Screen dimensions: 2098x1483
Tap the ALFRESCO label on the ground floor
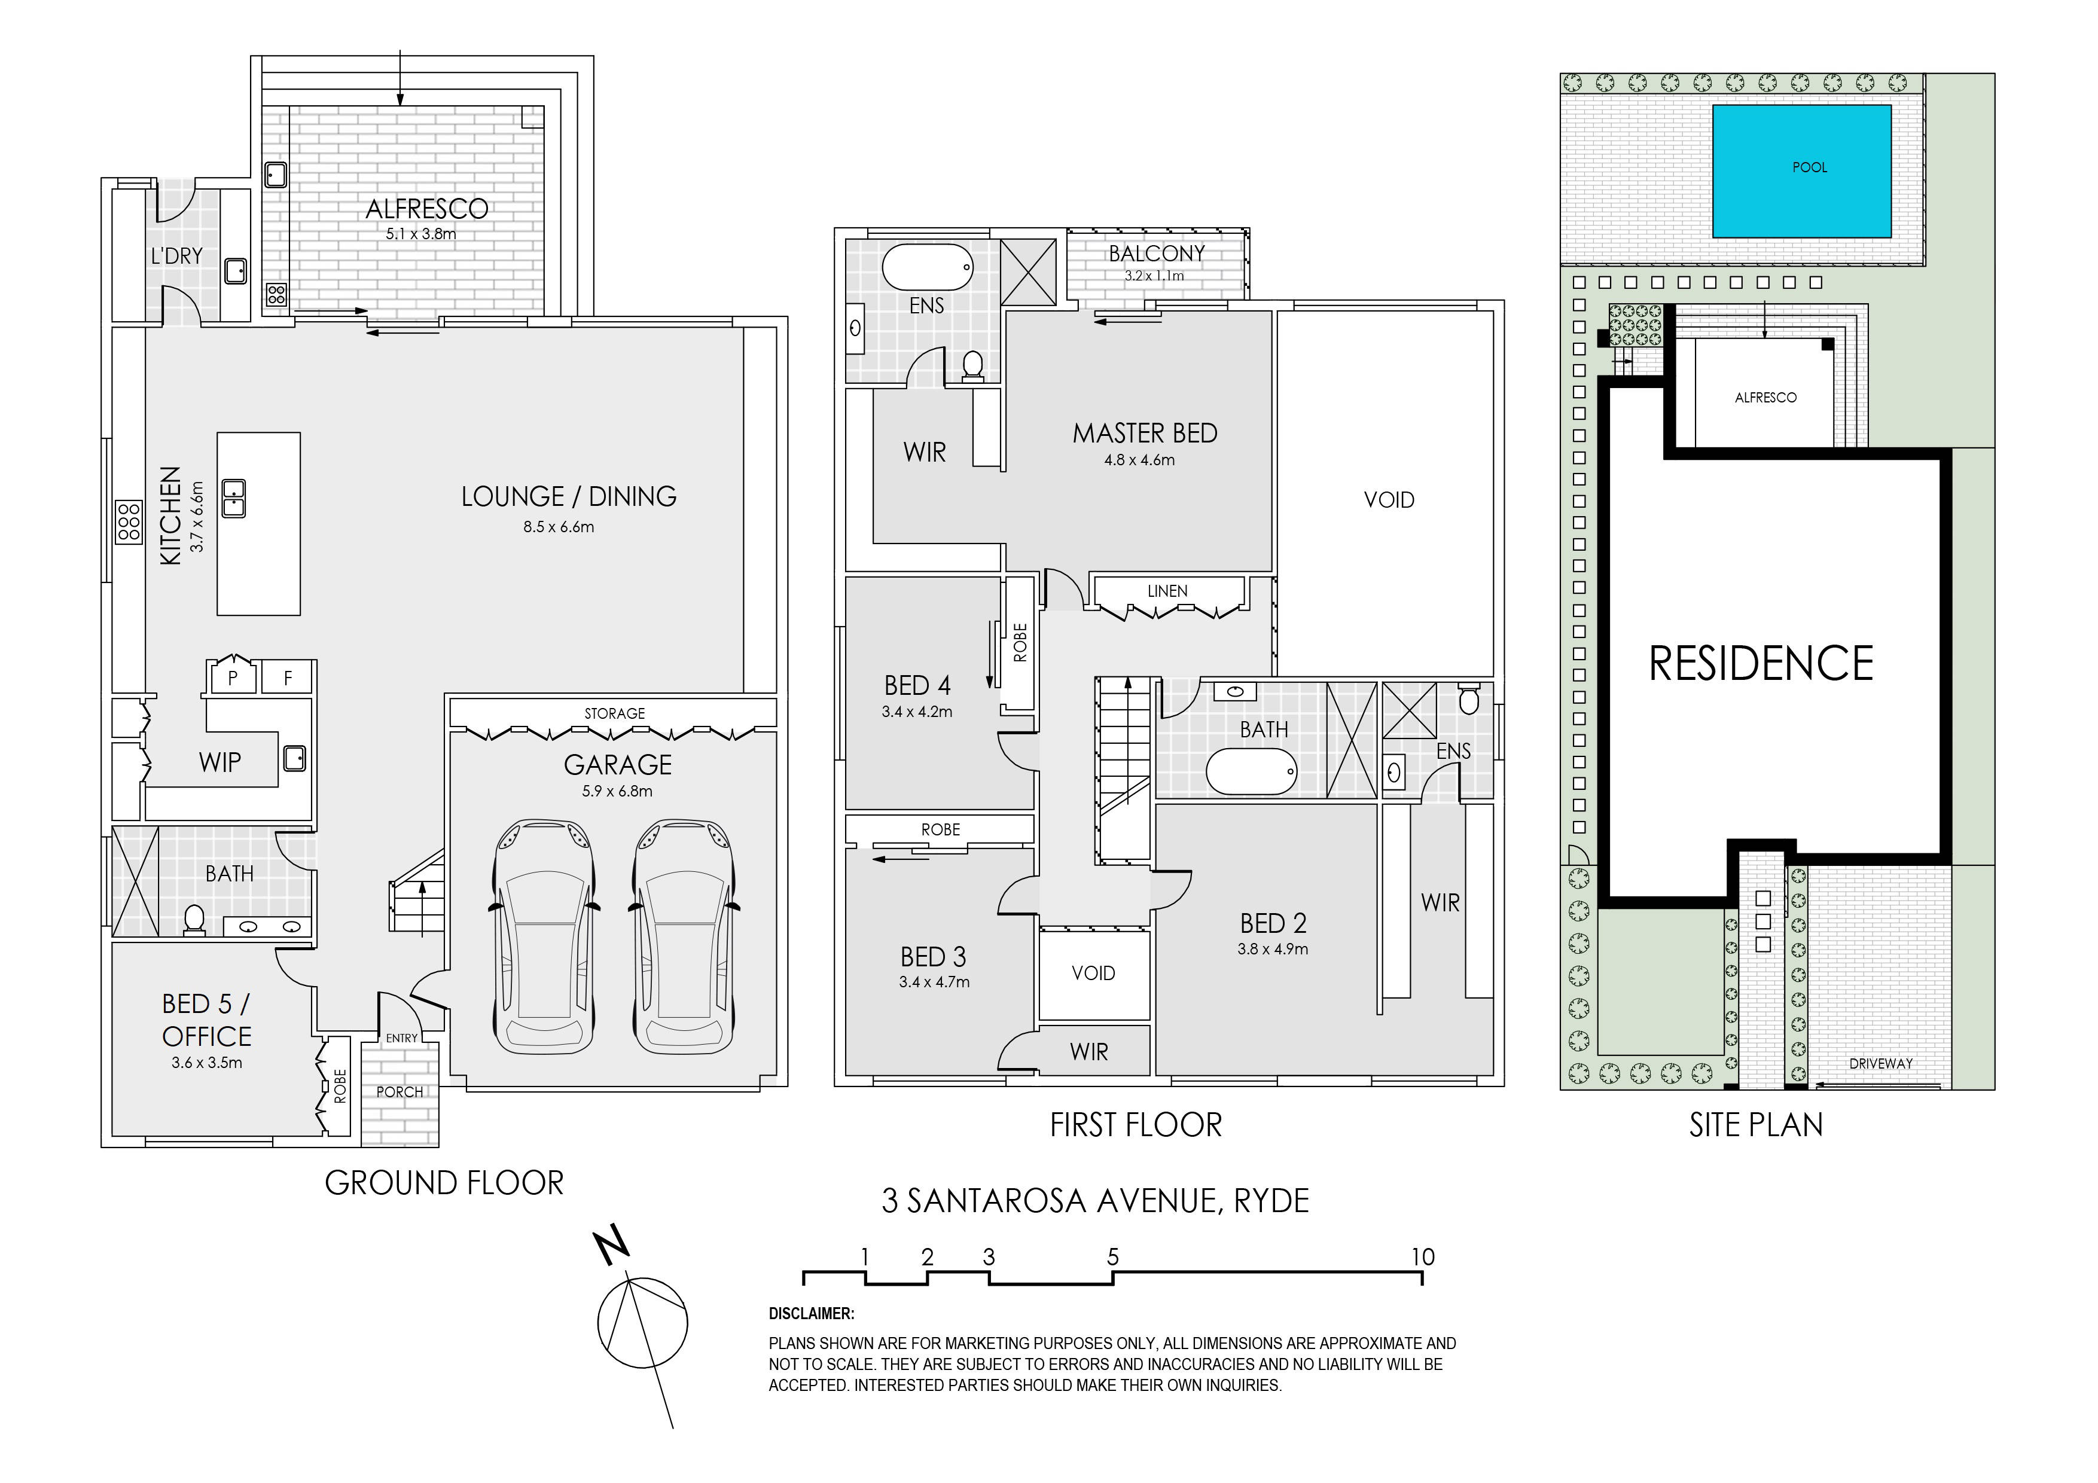[x=427, y=209]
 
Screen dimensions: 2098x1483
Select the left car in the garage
[x=543, y=936]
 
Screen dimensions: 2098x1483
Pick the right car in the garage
[x=684, y=936]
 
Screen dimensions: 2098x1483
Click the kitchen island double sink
[x=234, y=498]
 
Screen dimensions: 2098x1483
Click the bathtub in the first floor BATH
[x=1252, y=772]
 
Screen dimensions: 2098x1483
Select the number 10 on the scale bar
[x=1423, y=1258]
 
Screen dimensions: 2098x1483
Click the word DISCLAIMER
[x=812, y=1314]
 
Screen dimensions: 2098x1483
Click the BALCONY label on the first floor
[x=1157, y=253]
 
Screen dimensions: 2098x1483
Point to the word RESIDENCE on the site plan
[x=1761, y=663]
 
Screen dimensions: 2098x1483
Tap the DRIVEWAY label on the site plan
[x=1880, y=1064]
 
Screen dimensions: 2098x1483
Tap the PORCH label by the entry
[x=400, y=1092]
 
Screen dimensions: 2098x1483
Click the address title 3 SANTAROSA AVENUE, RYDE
[x=1094, y=1200]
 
